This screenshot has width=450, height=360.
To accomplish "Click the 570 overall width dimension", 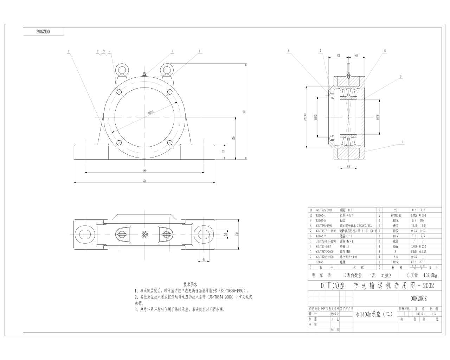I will point(144,181).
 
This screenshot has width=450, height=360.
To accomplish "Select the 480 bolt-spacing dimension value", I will point(144,171).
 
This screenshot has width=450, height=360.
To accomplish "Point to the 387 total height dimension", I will point(243,111).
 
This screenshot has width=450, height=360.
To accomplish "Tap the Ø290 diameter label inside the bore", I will point(151,112).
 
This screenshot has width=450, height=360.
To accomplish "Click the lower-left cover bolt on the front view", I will point(119,142).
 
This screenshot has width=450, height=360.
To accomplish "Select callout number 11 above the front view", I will point(200,51).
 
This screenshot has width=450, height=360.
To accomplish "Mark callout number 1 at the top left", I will point(69,51).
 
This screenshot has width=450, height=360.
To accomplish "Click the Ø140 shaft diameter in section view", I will point(378,116).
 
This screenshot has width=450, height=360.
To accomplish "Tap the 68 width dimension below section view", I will point(348,167).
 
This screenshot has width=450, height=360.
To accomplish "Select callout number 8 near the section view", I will point(385,51).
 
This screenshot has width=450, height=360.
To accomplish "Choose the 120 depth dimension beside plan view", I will point(237,234).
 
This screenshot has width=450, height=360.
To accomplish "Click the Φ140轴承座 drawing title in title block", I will point(374,314).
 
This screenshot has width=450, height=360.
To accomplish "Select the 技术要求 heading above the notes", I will point(191,284).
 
